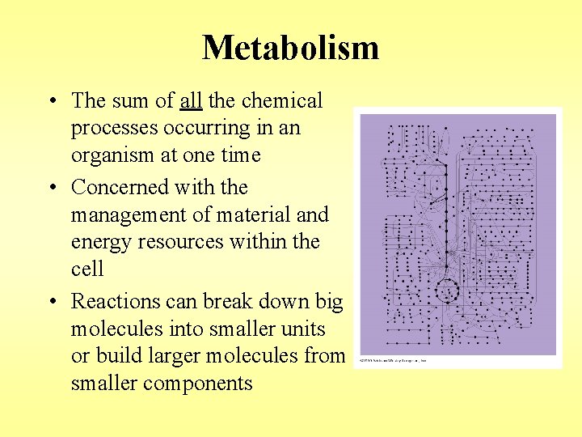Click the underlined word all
pos(191,101)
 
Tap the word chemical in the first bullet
pos(281,101)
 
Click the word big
pos(329,302)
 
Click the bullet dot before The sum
pos(51,102)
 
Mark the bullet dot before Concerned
pos(51,188)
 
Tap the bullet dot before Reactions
pos(51,302)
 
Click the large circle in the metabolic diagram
pos(446,289)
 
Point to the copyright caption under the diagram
pos(394,360)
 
